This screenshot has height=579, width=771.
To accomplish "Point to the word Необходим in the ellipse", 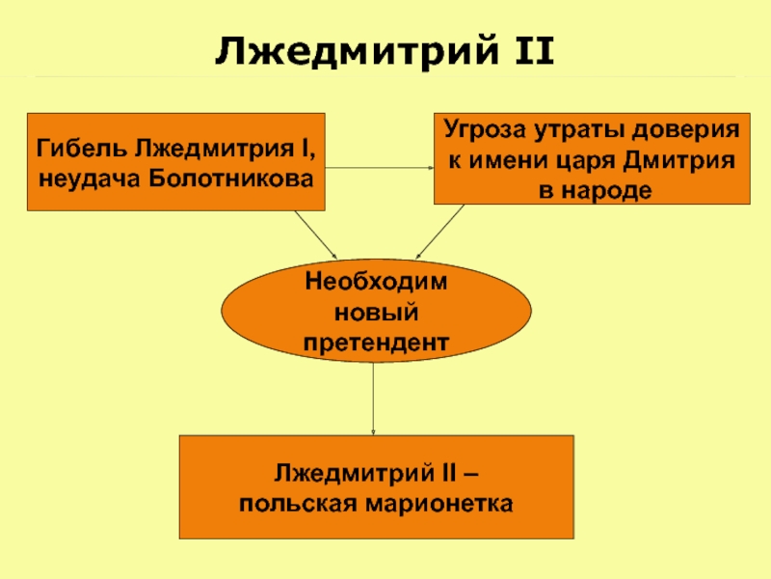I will tap(377, 282).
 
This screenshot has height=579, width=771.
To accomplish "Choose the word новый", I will tap(377, 312).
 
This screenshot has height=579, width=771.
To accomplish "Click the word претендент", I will tap(377, 342).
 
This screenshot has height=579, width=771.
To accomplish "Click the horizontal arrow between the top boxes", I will tap(380, 167).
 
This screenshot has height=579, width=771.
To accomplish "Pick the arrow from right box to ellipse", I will tap(442, 232).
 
